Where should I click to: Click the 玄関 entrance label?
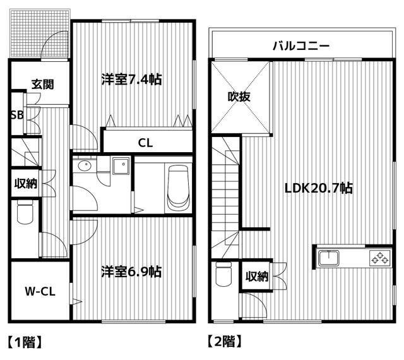(44, 85)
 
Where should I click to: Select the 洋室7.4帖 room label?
(131, 80)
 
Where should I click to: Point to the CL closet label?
(145, 142)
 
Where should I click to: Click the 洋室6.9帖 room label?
(131, 272)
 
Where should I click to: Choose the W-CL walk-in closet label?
(39, 292)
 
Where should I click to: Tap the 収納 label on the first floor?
(26, 184)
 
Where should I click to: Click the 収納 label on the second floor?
(256, 276)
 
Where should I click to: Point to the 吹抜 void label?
(240, 97)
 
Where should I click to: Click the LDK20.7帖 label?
(318, 188)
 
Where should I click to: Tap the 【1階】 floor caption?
(25, 342)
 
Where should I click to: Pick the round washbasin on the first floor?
(85, 166)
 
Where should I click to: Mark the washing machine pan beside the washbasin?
(120, 167)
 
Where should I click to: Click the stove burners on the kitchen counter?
(379, 257)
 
